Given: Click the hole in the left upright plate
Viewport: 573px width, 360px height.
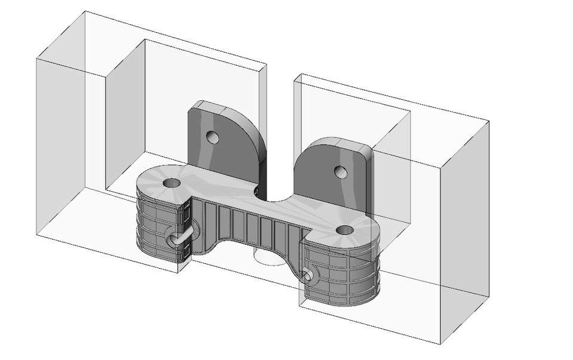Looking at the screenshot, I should click(212, 138).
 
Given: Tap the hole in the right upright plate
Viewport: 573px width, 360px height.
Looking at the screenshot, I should click(341, 173).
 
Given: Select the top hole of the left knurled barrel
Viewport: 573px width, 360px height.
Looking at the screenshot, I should click(171, 183).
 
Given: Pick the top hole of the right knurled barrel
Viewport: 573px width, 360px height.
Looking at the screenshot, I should click(344, 229).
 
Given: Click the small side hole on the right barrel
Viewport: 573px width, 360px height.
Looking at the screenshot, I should click(307, 276).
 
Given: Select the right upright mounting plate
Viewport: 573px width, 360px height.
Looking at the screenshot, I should click(325, 173).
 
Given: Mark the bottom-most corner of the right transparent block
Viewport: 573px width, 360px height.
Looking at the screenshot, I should click(440, 344).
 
